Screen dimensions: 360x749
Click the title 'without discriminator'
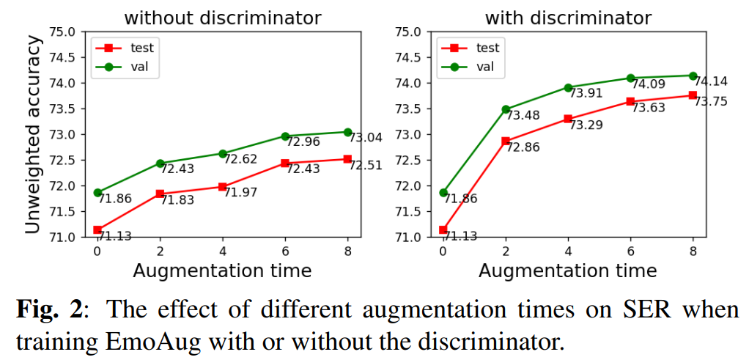[x=221, y=17]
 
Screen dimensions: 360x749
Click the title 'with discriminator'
[x=567, y=17]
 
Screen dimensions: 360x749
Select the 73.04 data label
[x=364, y=137]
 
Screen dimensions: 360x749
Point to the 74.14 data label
[x=710, y=81]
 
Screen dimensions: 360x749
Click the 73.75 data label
[x=710, y=101]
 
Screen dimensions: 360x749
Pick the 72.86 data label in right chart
[x=523, y=147]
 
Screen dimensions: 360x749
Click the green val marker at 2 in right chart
[x=506, y=109]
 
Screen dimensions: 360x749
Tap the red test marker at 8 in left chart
[x=347, y=159]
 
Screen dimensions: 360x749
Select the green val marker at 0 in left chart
[x=97, y=193]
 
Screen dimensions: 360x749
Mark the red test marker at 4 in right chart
[x=568, y=119]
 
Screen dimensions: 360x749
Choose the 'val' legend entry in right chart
[x=484, y=67]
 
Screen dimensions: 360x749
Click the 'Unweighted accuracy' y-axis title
[x=33, y=135]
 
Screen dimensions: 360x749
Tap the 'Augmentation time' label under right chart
[x=567, y=271]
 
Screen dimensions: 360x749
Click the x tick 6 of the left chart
[x=284, y=250]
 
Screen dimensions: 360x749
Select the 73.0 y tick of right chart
[x=407, y=135]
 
